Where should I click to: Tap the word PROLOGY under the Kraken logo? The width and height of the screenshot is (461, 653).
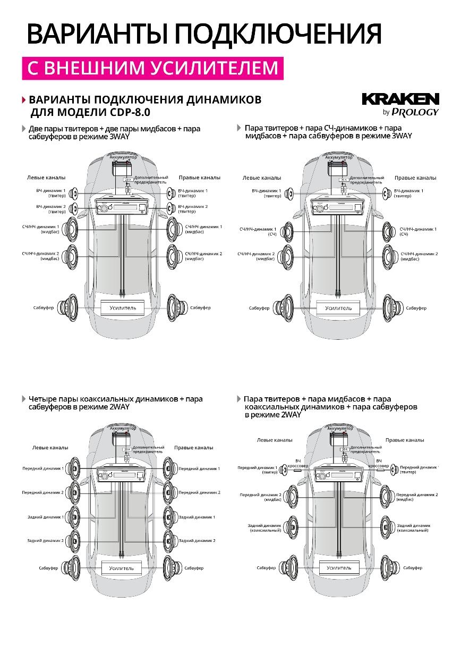pos(415,112)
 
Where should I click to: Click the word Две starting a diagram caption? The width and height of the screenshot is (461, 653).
pos(36,129)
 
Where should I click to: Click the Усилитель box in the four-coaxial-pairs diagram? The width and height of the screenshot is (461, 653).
pos(122,568)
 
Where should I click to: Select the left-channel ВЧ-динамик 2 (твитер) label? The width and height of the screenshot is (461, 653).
pos(51,209)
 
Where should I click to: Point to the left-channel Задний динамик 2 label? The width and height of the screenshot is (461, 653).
pos(45,540)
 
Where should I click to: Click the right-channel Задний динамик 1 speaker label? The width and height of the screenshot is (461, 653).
pos(197,517)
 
